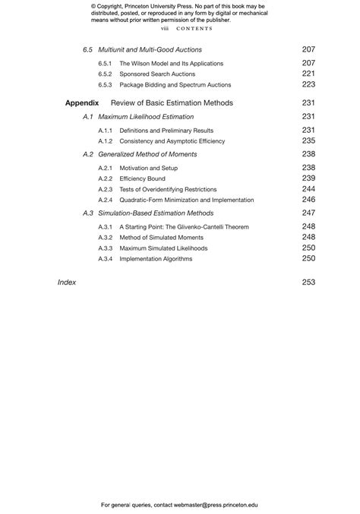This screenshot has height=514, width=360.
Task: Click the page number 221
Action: (308, 74)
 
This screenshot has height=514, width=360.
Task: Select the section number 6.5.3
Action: (105, 85)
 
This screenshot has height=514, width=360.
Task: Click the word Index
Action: (67, 282)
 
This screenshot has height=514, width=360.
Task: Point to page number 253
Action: (308, 282)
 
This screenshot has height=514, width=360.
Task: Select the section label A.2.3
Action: (105, 190)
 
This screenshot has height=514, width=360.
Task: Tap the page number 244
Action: (308, 189)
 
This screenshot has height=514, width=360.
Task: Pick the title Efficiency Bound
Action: (142, 179)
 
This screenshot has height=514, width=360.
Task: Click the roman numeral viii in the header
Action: (164, 28)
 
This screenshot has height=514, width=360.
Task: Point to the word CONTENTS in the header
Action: (194, 28)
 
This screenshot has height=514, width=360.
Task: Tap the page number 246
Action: (308, 200)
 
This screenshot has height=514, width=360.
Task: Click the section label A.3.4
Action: (105, 259)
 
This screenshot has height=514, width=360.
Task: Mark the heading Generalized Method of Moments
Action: (147, 154)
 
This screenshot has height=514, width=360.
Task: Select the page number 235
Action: (308, 140)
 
